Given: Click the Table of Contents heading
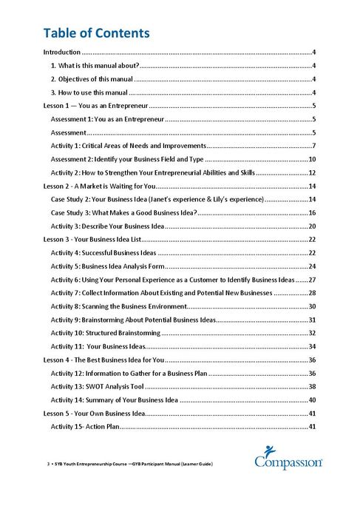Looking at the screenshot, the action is pyautogui.click(x=96, y=33).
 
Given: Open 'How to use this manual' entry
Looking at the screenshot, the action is pyautogui.click(x=89, y=92).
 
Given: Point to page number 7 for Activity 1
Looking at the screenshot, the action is pyautogui.click(x=314, y=146).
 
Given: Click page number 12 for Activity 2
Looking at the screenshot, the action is pyautogui.click(x=313, y=172).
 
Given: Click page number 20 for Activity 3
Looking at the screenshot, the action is pyautogui.click(x=313, y=226).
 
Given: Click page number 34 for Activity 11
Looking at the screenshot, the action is pyautogui.click(x=313, y=346).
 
